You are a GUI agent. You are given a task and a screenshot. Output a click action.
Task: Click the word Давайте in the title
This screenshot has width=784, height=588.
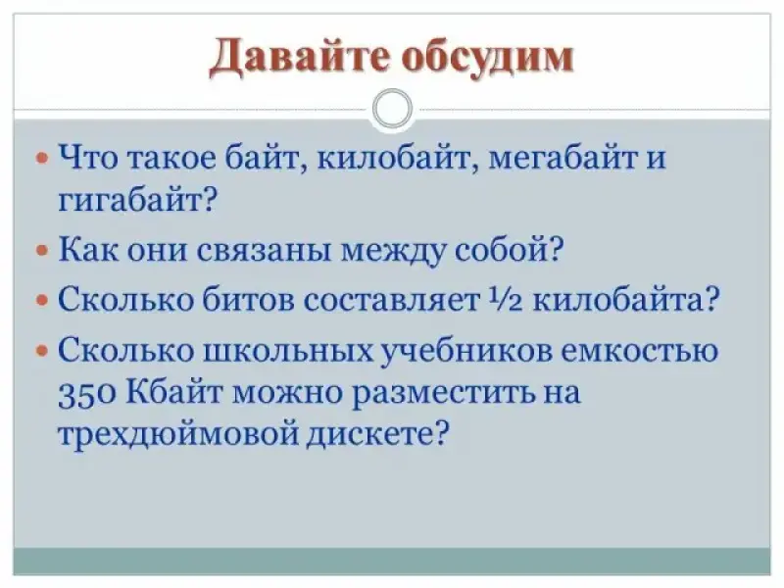click(x=299, y=58)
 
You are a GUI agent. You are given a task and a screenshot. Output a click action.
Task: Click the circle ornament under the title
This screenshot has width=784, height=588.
click(x=393, y=109)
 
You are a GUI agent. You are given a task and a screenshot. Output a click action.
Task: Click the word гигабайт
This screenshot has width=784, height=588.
click(x=137, y=201)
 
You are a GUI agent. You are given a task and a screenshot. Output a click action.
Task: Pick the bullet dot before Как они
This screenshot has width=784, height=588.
click(x=42, y=250)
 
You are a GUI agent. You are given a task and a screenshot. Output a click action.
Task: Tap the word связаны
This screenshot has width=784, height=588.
click(x=264, y=250)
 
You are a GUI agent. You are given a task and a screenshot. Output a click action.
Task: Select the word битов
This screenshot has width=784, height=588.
click(x=249, y=300)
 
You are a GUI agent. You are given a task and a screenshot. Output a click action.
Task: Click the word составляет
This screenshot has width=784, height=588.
click(x=391, y=301)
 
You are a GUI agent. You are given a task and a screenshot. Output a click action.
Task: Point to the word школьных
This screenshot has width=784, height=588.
click(x=288, y=350)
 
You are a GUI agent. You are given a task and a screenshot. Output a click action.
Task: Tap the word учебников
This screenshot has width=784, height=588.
click(x=466, y=349)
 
